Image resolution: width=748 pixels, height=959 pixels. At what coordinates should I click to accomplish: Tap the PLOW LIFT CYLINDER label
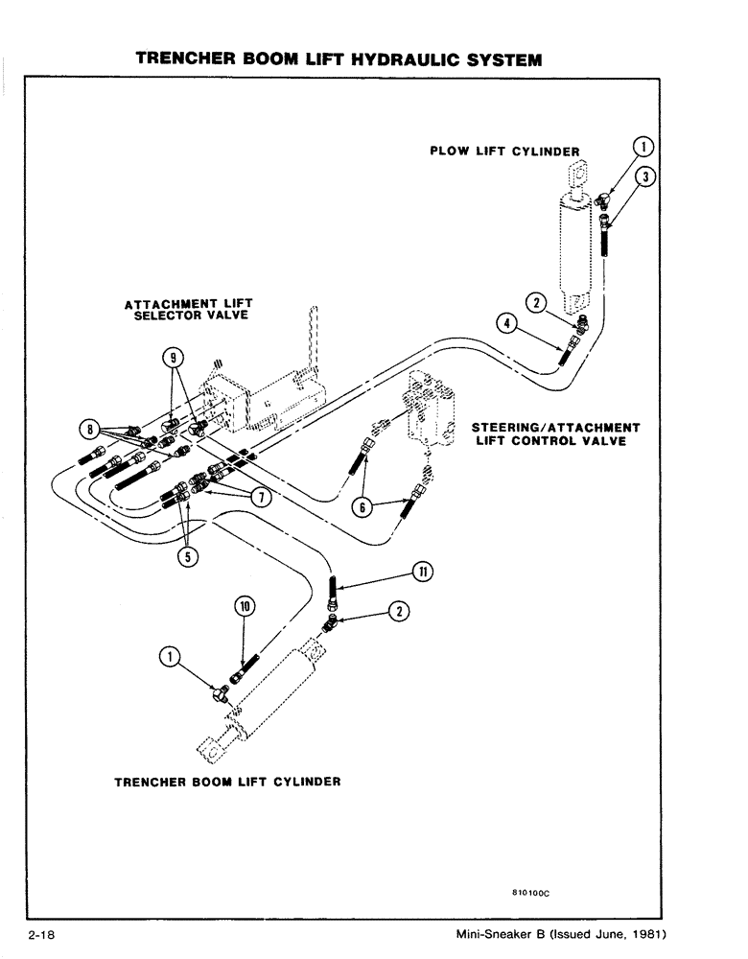pyautogui.click(x=503, y=151)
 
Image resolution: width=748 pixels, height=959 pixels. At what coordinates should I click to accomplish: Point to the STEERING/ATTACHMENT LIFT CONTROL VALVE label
pyautogui.click(x=555, y=433)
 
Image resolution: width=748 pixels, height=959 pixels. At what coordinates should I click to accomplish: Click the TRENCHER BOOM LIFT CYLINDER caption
pyautogui.click(x=227, y=782)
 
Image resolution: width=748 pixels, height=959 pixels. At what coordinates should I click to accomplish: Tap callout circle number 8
pyautogui.click(x=90, y=428)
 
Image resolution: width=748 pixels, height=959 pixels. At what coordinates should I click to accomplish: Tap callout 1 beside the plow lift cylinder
pyautogui.click(x=644, y=146)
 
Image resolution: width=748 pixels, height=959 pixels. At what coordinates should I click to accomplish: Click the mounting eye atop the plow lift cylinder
pyautogui.click(x=575, y=176)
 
